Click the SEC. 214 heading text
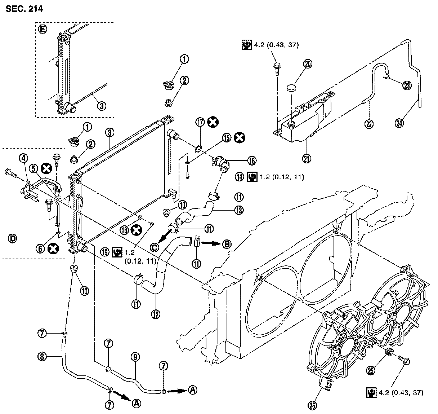point(24,9)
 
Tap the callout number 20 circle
point(308,64)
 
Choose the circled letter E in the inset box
point(41,30)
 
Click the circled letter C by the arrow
point(155,247)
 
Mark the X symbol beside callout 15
point(239,137)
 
